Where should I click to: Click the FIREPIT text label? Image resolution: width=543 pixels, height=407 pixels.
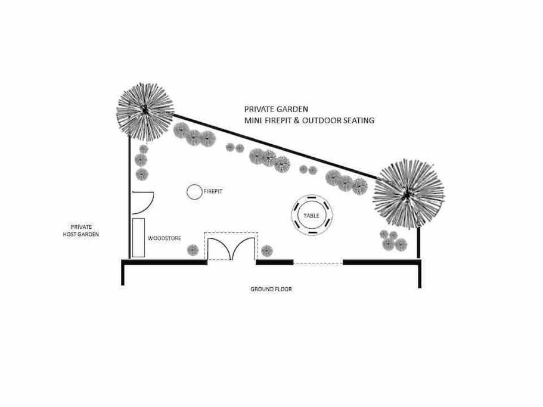(213, 191)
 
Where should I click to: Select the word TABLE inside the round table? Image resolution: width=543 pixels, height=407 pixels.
(311, 216)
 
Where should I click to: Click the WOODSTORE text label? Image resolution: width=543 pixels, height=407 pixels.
(165, 238)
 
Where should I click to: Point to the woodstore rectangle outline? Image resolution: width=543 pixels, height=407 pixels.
(133, 238)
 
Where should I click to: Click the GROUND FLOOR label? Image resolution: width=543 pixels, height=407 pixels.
(271, 289)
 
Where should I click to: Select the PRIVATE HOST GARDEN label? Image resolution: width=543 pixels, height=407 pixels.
(81, 231)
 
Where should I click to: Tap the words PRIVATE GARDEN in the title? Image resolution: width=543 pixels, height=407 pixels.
(276, 110)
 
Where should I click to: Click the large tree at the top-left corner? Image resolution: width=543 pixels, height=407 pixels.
(145, 111)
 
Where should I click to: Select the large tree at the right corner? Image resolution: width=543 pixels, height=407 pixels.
(409, 194)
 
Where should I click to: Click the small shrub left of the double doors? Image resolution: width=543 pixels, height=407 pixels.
(193, 250)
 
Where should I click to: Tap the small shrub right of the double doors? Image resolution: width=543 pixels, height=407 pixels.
(266, 250)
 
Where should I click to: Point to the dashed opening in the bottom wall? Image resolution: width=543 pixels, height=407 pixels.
(318, 263)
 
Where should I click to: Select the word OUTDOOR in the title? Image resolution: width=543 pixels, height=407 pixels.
(322, 120)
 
